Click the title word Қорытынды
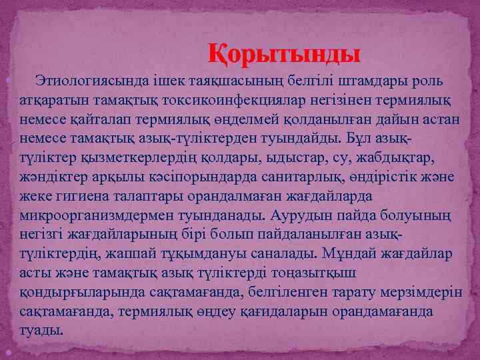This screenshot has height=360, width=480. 285,53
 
